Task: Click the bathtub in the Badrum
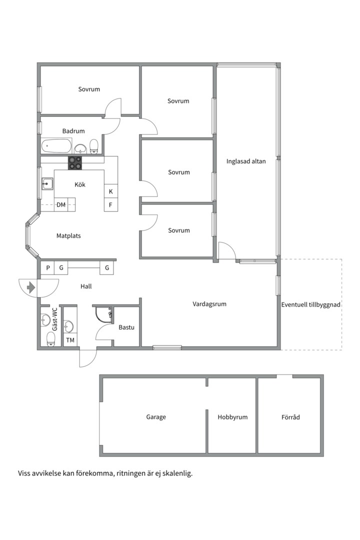click(x=56, y=147)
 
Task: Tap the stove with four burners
click(x=75, y=163)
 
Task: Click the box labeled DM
click(x=61, y=204)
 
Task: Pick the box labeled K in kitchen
click(x=110, y=191)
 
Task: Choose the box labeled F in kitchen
click(x=110, y=204)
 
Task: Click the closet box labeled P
click(x=48, y=268)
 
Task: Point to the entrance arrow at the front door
click(x=31, y=287)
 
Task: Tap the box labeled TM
click(x=70, y=340)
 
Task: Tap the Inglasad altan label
click(x=246, y=161)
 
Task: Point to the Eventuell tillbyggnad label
click(x=311, y=304)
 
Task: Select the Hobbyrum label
click(x=232, y=417)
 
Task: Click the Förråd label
click(x=290, y=417)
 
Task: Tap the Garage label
click(x=156, y=417)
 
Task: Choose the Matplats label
click(x=68, y=235)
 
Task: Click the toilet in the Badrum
click(x=93, y=146)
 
